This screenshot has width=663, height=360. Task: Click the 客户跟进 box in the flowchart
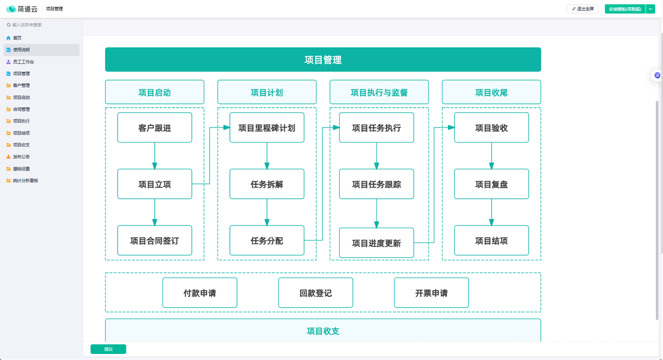pos(155,128)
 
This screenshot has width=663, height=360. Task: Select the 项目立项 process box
pos(155,184)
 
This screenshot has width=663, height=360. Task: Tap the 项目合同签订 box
pos(155,241)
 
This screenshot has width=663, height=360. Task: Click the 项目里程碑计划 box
pos(267,128)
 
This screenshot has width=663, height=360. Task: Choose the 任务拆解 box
pos(267,184)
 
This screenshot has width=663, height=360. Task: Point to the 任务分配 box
pos(267,241)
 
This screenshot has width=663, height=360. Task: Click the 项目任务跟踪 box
pos(376,184)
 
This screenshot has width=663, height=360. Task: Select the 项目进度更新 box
pos(376,243)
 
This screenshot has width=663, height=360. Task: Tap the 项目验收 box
pos(491,128)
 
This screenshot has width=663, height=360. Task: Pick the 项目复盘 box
pos(491,184)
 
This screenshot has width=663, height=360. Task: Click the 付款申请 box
pos(199,293)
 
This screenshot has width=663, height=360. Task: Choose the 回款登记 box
pos(315,293)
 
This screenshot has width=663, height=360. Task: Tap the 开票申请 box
pos(432,293)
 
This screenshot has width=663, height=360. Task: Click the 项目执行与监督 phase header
pos(379,93)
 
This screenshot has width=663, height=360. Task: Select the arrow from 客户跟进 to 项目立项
pos(155,156)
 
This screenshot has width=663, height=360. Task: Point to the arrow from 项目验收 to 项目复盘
pos(491,156)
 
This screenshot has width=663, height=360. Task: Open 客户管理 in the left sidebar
pos(22,86)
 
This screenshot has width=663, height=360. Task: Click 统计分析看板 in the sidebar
pos(25,181)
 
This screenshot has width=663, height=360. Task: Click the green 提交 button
pos(108,349)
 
